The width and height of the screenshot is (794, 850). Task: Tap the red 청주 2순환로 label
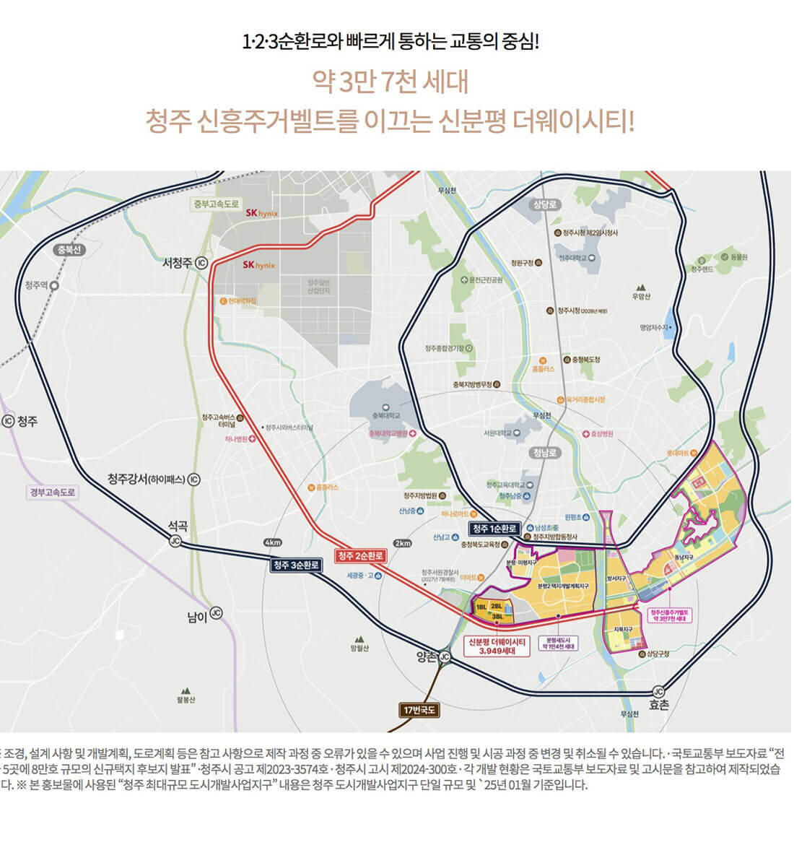point(360,555)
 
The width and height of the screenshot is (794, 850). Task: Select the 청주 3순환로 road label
point(296,565)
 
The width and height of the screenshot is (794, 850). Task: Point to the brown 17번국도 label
point(419,710)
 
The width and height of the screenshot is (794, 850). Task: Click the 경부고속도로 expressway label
point(53,493)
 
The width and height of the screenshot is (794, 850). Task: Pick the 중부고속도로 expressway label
point(215,204)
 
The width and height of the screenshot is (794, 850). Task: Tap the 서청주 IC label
point(185,264)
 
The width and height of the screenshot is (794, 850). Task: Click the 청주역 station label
point(37,285)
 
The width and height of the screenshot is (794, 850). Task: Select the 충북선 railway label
point(70,250)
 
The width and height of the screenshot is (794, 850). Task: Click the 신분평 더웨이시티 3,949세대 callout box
point(497,646)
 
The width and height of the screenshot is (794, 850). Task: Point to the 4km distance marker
point(273,542)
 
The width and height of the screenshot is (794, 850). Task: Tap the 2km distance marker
point(402,543)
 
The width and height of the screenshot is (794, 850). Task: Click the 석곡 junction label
point(178,526)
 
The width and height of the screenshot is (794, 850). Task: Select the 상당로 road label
point(546,204)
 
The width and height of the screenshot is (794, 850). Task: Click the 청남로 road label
point(545,452)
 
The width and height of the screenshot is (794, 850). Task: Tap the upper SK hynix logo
point(261,213)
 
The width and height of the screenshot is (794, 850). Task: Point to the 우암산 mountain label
point(641,296)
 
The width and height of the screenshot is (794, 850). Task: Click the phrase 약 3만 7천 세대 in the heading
point(390,82)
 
